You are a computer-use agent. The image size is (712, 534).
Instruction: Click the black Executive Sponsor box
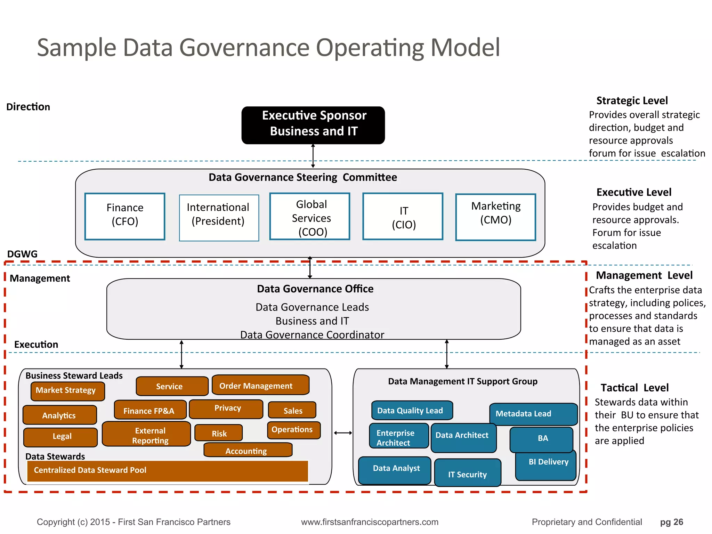point(313,125)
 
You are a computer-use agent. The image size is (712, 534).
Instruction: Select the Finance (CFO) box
point(125,216)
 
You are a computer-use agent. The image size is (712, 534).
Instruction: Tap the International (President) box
point(219,218)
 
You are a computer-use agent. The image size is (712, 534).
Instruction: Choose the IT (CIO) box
point(403,216)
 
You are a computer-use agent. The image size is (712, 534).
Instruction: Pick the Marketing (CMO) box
point(495,217)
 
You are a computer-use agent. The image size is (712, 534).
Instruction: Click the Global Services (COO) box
point(310,216)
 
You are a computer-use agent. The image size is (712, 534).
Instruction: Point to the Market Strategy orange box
point(67,391)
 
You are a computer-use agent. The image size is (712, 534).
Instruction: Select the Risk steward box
point(219,433)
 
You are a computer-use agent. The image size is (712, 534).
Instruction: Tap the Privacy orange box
point(226,409)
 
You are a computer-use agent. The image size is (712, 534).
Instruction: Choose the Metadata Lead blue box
point(533,414)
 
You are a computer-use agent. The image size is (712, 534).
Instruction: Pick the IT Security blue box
point(468,473)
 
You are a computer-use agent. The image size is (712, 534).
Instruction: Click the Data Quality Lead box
point(412,411)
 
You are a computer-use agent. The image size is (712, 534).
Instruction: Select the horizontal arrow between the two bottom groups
point(343,433)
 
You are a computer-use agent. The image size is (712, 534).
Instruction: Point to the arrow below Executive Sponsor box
point(313,156)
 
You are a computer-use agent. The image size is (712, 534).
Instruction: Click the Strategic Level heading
point(632,101)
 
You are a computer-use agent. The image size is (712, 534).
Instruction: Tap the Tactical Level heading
point(634,388)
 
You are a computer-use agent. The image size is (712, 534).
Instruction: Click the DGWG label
point(22,254)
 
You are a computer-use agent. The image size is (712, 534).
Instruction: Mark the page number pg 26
point(671,522)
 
